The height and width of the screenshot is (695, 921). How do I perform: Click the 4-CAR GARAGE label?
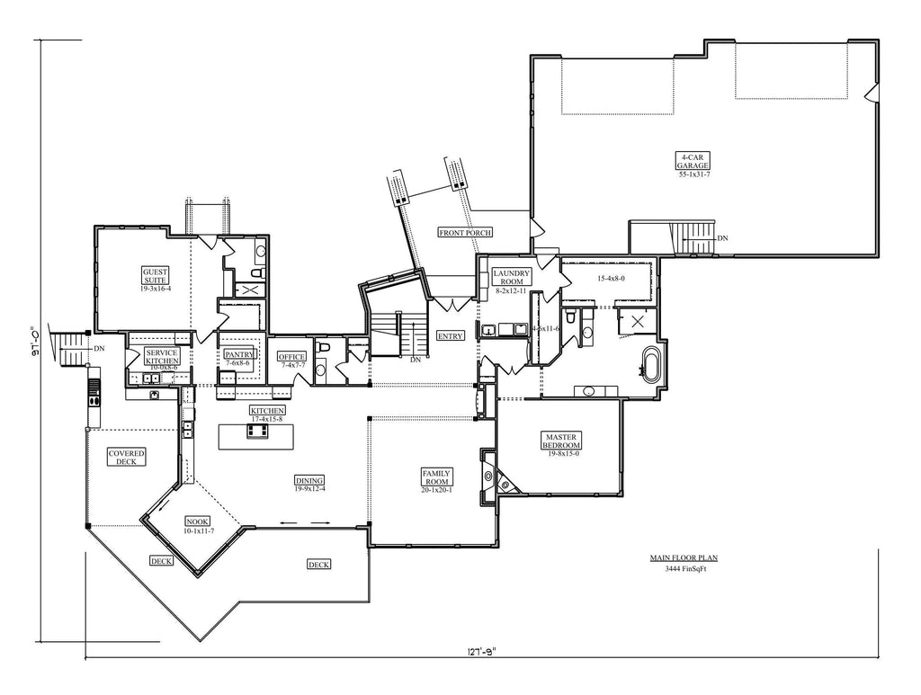[694, 162]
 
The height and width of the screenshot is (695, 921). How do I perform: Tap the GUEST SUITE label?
[156, 275]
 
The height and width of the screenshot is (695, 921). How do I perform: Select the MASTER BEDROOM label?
[561, 441]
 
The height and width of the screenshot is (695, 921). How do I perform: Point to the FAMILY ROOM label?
[437, 477]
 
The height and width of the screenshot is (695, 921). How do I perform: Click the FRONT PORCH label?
[465, 233]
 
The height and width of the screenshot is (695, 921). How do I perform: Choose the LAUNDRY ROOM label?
[513, 277]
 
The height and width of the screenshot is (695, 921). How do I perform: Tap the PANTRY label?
[240, 355]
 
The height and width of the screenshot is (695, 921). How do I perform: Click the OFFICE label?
[292, 356]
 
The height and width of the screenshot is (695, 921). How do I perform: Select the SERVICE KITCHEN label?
[163, 356]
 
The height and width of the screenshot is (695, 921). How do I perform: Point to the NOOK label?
[198, 521]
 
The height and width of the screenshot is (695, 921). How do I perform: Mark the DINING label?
[309, 480]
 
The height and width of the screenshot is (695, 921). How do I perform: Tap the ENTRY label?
[450, 335]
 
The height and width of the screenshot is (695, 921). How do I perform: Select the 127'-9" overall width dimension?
[482, 654]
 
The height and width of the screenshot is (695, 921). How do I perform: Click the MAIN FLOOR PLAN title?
[684, 557]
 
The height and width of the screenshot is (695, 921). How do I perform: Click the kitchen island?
[256, 437]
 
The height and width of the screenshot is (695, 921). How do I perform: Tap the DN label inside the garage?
[722, 238]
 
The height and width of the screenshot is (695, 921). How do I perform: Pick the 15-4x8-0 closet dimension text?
[611, 279]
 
